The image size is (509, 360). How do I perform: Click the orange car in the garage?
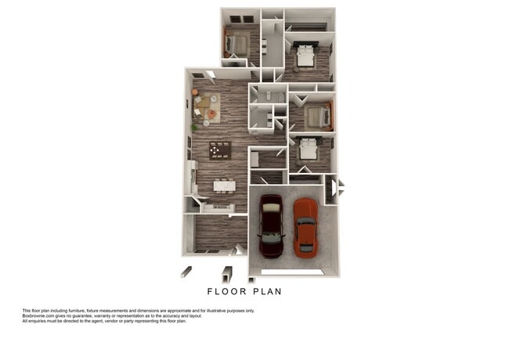pos(305,227)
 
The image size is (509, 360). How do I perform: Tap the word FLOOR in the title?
pos(227,291)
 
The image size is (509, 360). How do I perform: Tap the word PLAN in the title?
pos(265,291)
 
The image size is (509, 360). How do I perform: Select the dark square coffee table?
pos(220,149)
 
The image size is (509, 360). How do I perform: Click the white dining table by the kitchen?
pos(224,185)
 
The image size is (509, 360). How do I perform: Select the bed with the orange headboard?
pos(318,117)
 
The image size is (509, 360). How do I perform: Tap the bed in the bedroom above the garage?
pos(306,149)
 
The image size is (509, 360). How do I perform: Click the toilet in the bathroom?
pos(269,96)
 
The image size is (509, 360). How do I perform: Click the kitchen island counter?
pos(217,207)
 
